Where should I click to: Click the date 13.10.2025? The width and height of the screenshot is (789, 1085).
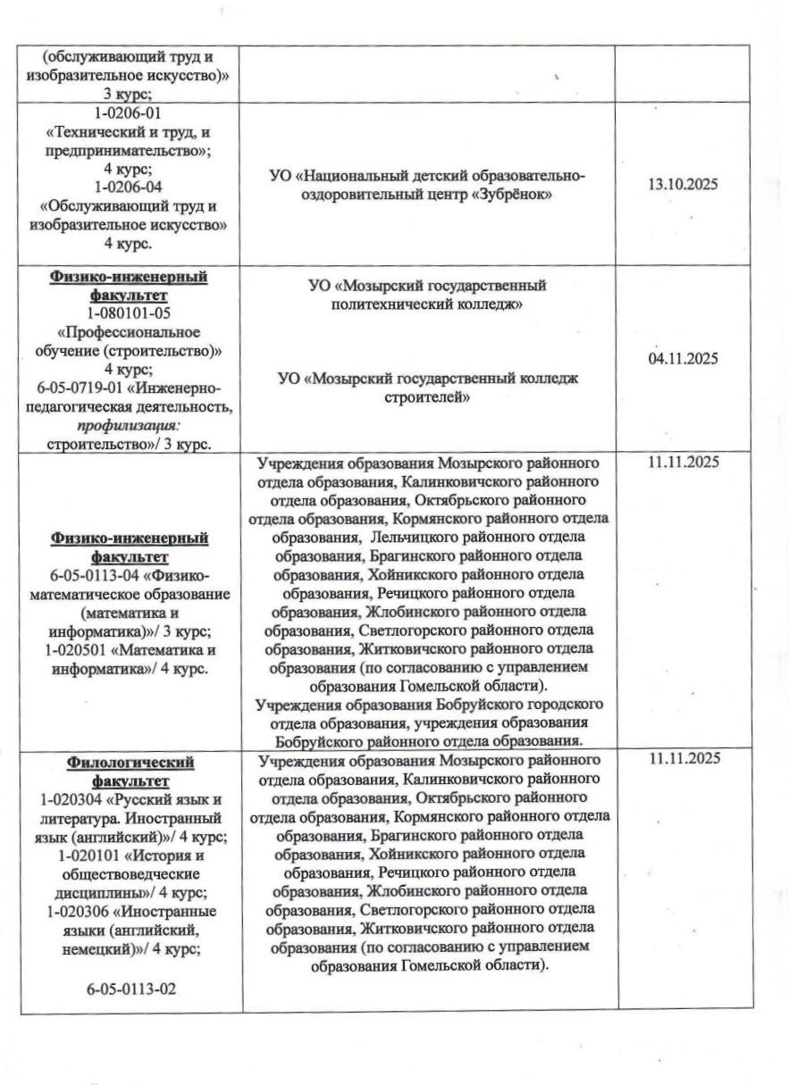(x=684, y=184)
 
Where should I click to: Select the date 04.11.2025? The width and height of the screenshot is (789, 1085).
(x=684, y=359)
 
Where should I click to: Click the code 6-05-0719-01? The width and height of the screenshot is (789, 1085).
(x=81, y=388)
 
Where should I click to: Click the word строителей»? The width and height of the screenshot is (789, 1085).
(x=427, y=397)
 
